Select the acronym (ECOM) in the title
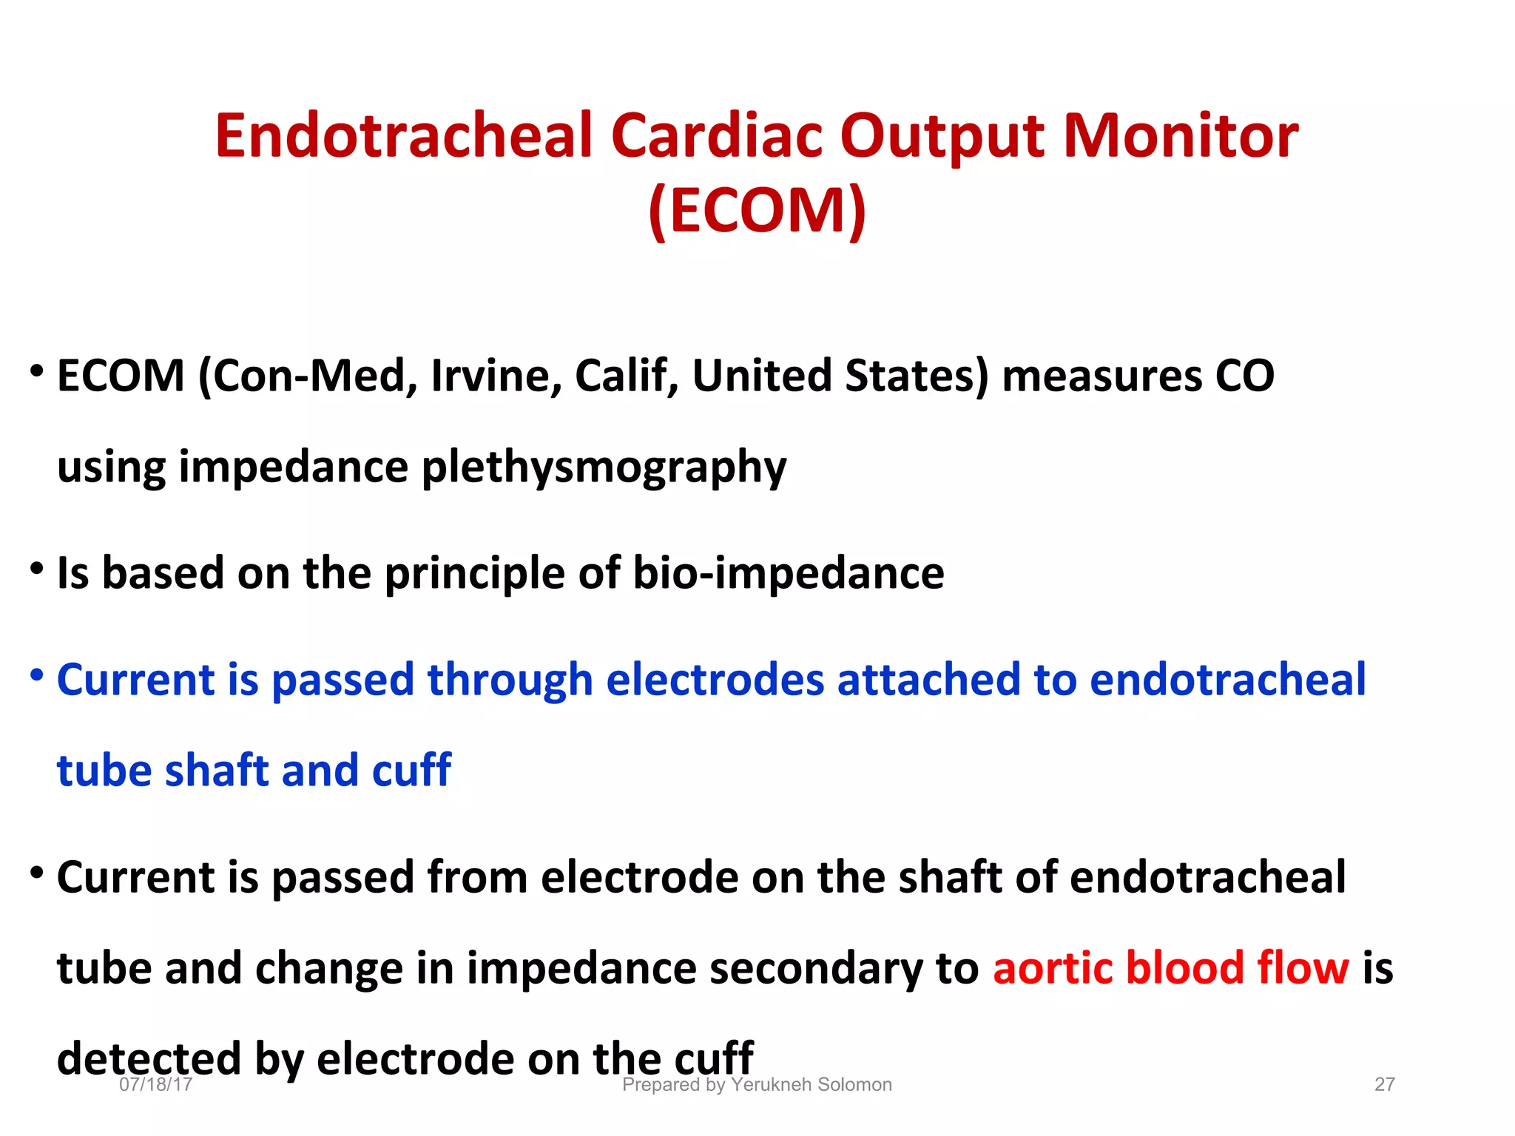tap(757, 210)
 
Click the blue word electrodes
tap(715, 680)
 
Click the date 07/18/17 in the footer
tap(155, 1084)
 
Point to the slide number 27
tap(1384, 1084)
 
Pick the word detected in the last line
tap(149, 1059)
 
